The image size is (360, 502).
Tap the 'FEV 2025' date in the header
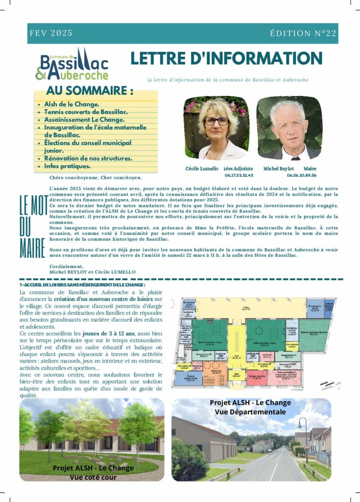[x=51, y=33]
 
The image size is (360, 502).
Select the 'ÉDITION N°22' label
[x=303, y=33]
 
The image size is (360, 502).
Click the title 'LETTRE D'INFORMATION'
[x=226, y=58]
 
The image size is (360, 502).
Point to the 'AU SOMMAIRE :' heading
[x=90, y=91]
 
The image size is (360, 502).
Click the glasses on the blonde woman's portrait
[x=216, y=121]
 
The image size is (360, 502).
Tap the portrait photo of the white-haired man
[x=289, y=128]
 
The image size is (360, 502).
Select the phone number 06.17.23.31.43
[x=239, y=175]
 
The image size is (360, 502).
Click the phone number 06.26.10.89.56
[x=301, y=175]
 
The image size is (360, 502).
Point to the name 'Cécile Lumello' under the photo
[x=201, y=169]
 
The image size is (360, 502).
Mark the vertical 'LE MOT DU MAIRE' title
[x=32, y=226]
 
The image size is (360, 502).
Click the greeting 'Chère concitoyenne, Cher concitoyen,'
[x=95, y=178]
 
